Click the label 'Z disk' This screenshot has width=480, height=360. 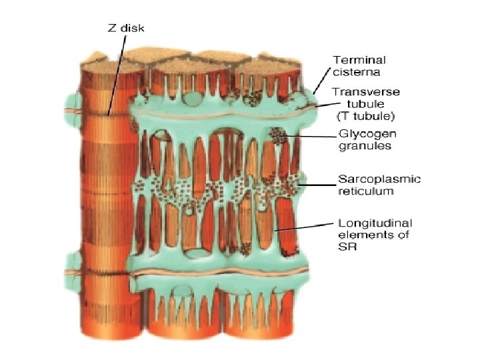[x=126, y=28]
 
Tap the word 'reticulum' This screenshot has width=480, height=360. [x=366, y=191]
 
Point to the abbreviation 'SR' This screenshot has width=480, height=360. [x=348, y=247]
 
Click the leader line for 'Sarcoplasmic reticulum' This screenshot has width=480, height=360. [x=319, y=185]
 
